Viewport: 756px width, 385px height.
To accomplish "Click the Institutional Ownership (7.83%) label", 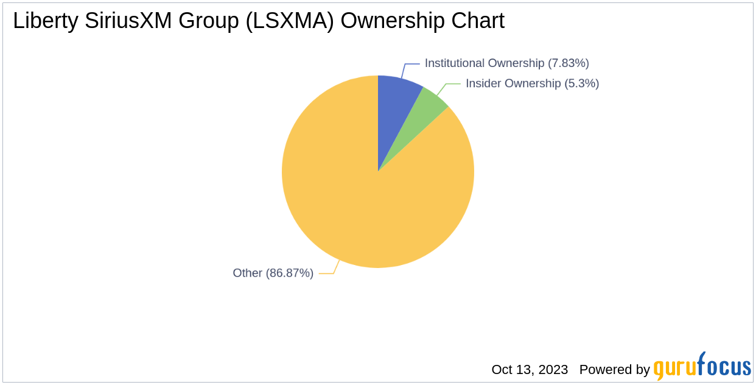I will tap(506, 63).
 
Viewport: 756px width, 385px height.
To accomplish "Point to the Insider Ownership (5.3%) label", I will tap(532, 83).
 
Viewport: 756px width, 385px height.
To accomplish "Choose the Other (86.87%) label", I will tap(273, 274).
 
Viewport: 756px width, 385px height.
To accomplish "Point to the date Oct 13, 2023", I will tap(530, 369).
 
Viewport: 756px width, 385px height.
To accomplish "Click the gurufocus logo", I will tap(702, 367).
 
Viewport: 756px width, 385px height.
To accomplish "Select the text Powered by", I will tap(614, 369).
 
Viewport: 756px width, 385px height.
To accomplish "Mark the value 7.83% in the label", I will tap(569, 63).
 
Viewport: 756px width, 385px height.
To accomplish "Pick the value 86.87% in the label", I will tap(290, 274).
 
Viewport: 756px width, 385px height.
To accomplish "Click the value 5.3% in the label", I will tap(582, 83).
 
